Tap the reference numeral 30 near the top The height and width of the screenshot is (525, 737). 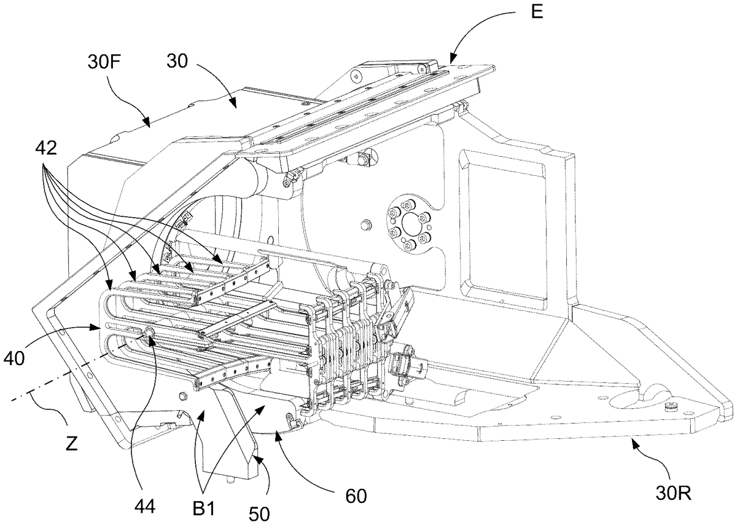[x=177, y=61]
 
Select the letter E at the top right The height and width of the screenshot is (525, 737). [x=537, y=12]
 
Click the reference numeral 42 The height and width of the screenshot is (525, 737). [x=46, y=148]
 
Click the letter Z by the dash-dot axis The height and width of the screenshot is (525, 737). [x=71, y=444]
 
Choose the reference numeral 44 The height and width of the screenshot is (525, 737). [x=145, y=507]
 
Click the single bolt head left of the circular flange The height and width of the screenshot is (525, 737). [x=364, y=226]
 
